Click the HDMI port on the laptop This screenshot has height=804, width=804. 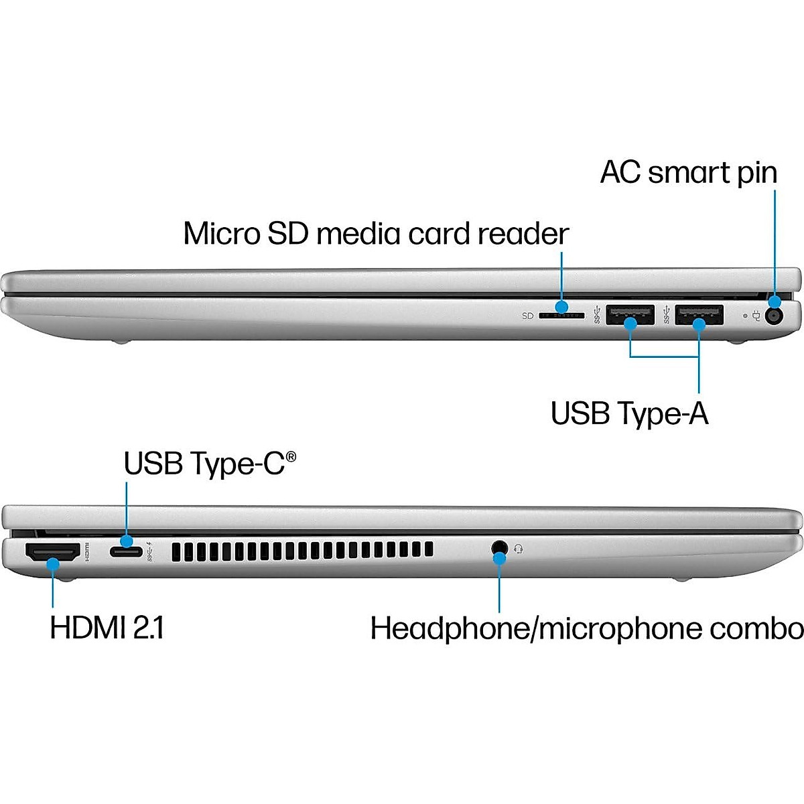point(52,553)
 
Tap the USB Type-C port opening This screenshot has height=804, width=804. point(126,552)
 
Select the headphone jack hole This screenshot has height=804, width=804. point(498,547)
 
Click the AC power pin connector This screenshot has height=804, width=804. point(775,315)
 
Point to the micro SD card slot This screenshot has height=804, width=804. point(561,315)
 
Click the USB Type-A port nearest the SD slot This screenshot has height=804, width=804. point(630,314)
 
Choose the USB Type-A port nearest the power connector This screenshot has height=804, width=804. point(699,314)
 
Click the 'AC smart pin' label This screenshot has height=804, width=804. point(688,172)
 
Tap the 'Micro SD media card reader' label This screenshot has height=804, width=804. point(376,234)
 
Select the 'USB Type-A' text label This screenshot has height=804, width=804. point(629,413)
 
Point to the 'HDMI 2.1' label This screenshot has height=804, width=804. point(107,628)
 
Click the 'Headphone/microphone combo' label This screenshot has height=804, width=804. point(586,629)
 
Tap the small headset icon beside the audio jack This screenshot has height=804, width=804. point(518,549)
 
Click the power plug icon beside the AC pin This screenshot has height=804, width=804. point(757,314)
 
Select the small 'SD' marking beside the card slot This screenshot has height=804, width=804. point(527,316)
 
